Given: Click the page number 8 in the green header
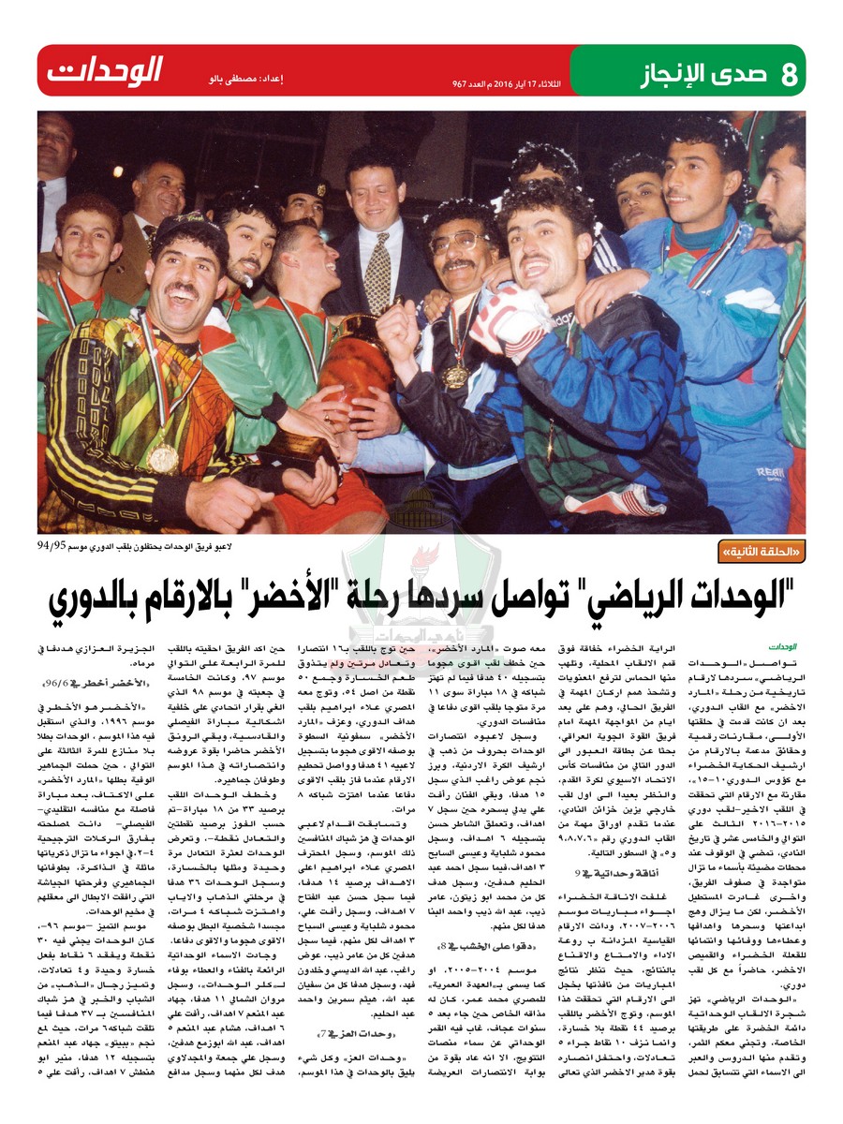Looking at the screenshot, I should [x=789, y=71].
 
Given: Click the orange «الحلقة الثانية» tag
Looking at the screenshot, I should [x=759, y=553].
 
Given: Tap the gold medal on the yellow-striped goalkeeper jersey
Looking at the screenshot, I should [x=163, y=456].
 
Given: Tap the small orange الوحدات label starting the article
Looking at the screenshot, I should [x=781, y=645].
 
